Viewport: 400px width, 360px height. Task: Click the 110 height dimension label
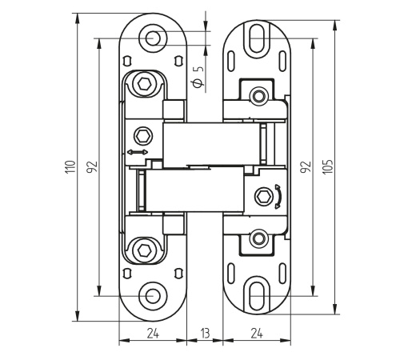click(70, 167)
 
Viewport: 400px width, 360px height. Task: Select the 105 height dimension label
click(328, 167)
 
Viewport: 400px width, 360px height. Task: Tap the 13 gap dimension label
click(205, 334)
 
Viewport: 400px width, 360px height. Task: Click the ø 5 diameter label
click(198, 77)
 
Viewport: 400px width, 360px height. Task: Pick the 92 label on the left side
click(92, 167)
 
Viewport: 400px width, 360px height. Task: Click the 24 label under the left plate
click(153, 334)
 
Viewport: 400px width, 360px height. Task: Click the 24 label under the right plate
click(257, 334)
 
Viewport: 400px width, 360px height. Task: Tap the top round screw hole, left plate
click(153, 38)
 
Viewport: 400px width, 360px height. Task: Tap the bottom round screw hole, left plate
click(153, 296)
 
